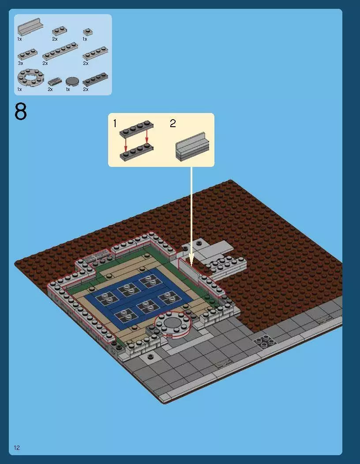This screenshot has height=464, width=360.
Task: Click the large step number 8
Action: [x=21, y=112]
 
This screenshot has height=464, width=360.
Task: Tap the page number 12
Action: [x=17, y=448]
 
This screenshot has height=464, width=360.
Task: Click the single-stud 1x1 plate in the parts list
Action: [x=87, y=32]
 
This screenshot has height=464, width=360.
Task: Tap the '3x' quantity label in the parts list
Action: [x=20, y=64]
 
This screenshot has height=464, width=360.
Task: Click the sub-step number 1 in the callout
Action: [x=115, y=124]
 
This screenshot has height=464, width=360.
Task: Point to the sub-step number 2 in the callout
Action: [x=172, y=124]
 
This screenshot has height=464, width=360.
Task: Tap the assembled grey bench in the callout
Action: [x=192, y=147]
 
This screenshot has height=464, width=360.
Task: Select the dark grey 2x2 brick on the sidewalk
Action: [x=264, y=341]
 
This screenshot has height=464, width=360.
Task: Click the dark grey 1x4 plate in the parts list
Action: [x=95, y=79]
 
